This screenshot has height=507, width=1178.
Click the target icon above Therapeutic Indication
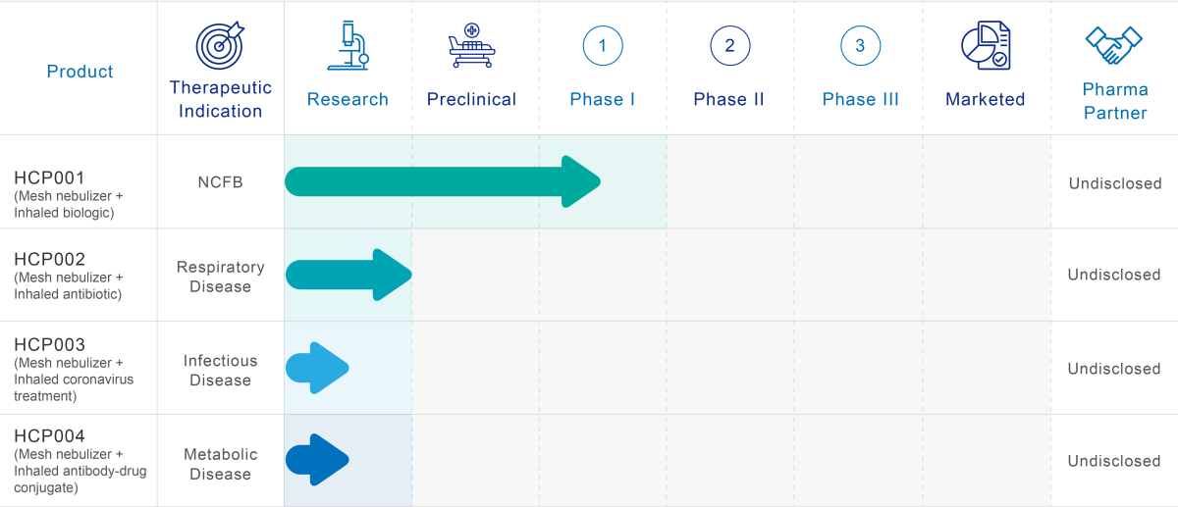(x=220, y=45)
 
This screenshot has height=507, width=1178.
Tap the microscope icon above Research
(x=348, y=45)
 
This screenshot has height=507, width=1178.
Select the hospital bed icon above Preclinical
(x=472, y=45)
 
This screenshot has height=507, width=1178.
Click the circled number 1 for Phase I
(x=603, y=46)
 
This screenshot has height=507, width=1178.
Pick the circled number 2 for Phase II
(x=730, y=46)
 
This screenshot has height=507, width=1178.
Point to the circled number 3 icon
(x=860, y=46)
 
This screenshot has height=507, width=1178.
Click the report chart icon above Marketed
(x=986, y=45)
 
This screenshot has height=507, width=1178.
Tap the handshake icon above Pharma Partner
(x=1114, y=45)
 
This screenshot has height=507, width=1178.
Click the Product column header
(x=80, y=72)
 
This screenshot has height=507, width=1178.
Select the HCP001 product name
(x=49, y=177)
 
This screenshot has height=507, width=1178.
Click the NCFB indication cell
(x=220, y=182)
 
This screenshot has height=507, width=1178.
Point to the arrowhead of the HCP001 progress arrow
(x=601, y=181)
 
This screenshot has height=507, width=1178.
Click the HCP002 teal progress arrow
(x=348, y=275)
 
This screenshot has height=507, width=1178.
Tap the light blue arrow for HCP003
(x=317, y=368)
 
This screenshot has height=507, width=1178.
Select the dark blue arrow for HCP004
(x=317, y=460)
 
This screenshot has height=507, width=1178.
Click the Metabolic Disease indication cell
(x=220, y=464)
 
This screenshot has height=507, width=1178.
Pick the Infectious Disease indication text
(x=220, y=371)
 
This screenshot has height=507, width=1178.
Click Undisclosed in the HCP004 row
(x=1114, y=461)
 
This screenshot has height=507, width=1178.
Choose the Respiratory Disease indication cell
(x=220, y=277)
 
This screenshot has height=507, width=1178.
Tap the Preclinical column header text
(x=472, y=99)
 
